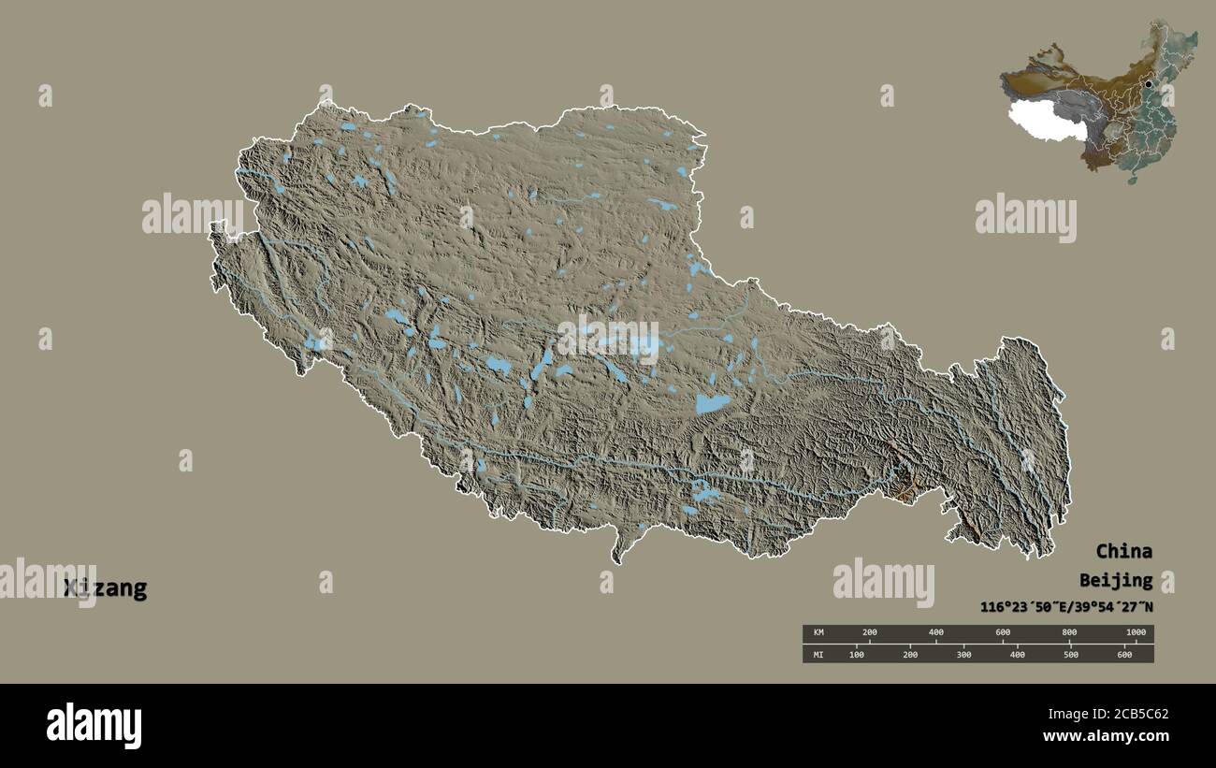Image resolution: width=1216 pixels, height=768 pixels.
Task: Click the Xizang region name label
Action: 105,588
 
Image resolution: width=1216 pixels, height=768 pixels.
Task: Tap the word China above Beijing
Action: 1123,551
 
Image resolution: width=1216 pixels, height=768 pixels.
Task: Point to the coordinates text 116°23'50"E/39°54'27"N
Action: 1066,607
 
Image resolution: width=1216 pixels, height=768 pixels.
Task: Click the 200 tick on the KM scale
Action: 869,633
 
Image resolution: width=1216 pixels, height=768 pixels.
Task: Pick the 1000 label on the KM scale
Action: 1136,633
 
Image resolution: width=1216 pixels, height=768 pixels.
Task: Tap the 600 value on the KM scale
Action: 1003,633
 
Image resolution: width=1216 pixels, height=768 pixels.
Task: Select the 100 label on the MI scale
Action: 856,654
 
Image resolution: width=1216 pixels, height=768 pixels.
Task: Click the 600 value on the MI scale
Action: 1124,654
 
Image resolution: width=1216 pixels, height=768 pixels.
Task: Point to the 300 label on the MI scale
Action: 963,654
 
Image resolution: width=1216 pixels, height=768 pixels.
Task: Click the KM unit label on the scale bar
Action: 818,633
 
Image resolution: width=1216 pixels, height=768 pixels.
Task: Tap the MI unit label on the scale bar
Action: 818,654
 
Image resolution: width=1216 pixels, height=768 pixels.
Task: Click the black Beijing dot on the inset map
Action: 1148,83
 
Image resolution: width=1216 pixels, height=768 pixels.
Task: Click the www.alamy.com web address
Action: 1106,738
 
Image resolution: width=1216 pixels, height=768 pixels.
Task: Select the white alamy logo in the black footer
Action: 94,726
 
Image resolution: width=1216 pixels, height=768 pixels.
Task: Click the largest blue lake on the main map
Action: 713,403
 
